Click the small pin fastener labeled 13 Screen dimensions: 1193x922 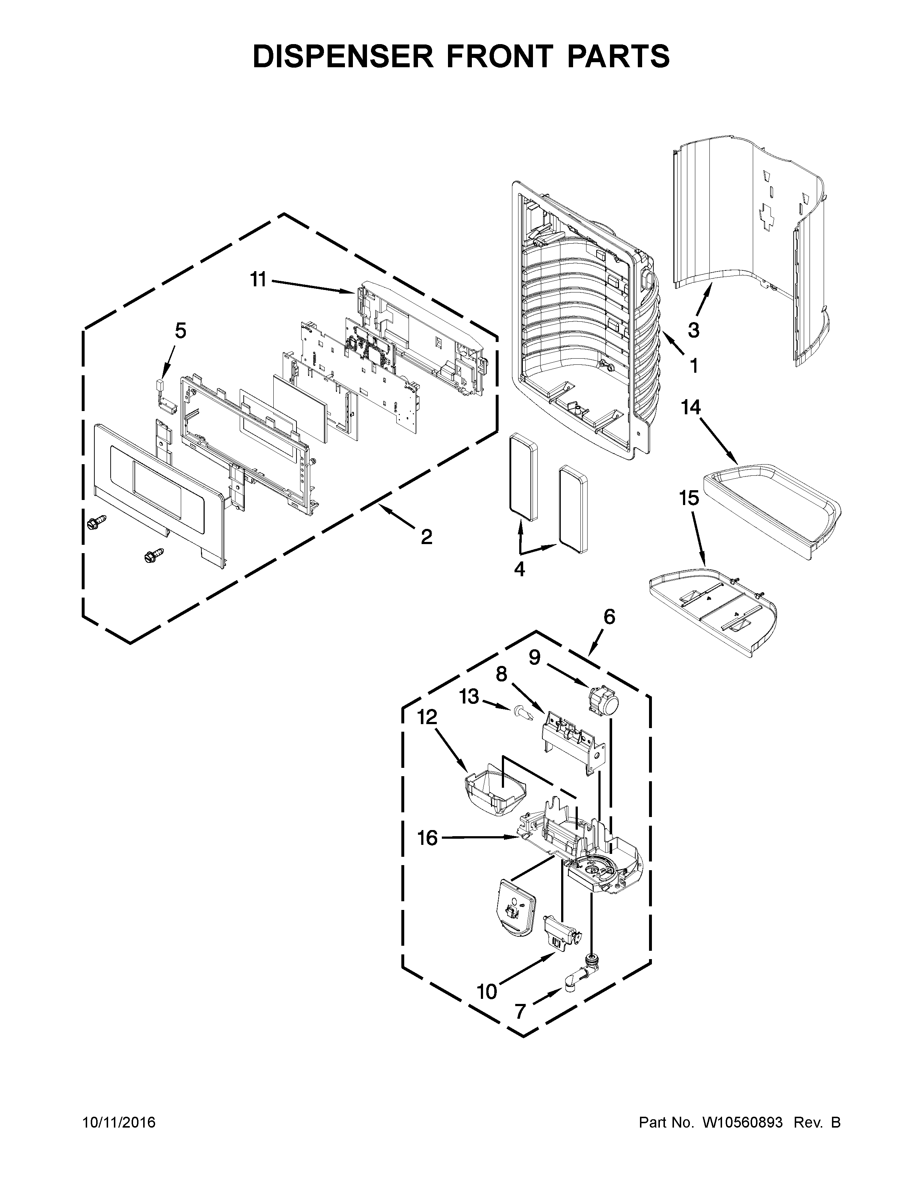(521, 712)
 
